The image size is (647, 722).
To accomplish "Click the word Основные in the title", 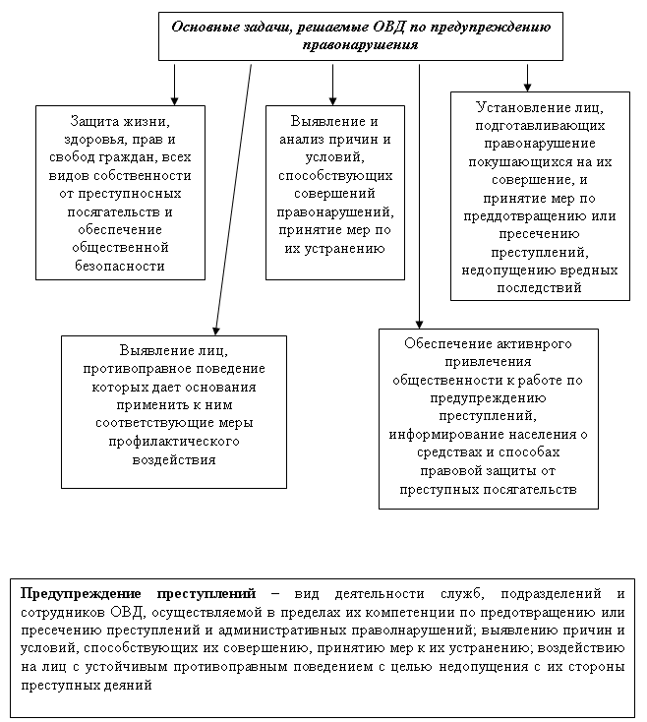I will [204, 28].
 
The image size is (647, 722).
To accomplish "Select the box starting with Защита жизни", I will [120, 193].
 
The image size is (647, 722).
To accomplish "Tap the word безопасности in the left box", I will [120, 265].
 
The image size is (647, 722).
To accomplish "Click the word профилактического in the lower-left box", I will [174, 442].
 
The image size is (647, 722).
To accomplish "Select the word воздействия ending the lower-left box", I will [174, 459].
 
